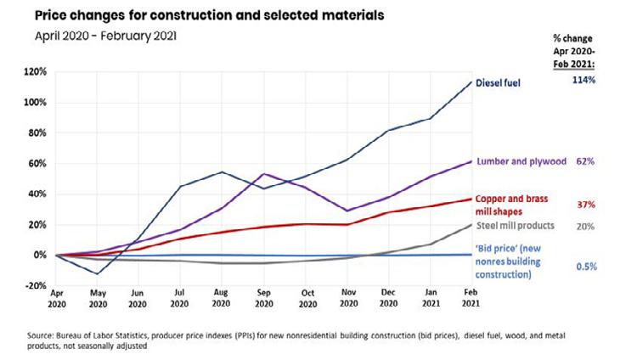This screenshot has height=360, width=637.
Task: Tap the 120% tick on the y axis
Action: (x=37, y=72)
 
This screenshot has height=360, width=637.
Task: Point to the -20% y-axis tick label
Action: (x=37, y=285)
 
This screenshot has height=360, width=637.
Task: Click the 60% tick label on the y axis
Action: (x=39, y=163)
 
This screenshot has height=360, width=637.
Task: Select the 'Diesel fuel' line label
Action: (x=508, y=83)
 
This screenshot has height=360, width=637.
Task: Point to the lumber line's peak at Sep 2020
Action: (x=264, y=174)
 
